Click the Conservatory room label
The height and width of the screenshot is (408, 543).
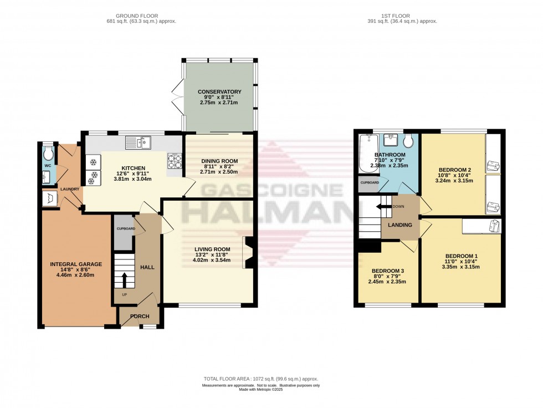point(221,92)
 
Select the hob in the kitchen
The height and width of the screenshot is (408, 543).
point(175,160)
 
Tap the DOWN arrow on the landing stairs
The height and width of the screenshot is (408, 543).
point(383,207)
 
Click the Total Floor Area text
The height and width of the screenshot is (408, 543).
point(260,379)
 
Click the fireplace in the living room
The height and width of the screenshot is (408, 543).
point(248,253)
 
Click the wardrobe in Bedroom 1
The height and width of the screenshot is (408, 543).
point(481,226)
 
